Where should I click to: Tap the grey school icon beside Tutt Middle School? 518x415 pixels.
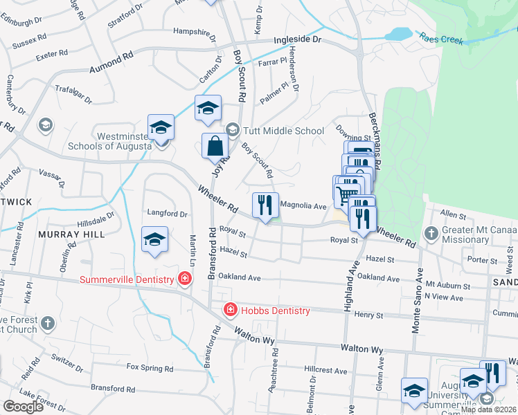pyautogui.click(x=233, y=130)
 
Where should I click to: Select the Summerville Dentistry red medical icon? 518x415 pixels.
pyautogui.click(x=185, y=279)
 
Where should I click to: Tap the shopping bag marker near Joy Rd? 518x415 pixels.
pyautogui.click(x=215, y=147)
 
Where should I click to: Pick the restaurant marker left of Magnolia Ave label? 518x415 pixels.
pyautogui.click(x=265, y=205)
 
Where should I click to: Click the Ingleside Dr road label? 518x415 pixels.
pyautogui.click(x=298, y=41)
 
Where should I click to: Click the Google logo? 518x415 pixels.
pyautogui.click(x=24, y=407)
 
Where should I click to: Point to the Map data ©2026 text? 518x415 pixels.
pyautogui.click(x=488, y=409)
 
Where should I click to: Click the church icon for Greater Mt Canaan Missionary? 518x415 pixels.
pyautogui.click(x=431, y=233)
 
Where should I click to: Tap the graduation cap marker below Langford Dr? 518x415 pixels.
pyautogui.click(x=154, y=239)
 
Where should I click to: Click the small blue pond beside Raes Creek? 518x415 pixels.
pyautogui.click(x=400, y=34)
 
